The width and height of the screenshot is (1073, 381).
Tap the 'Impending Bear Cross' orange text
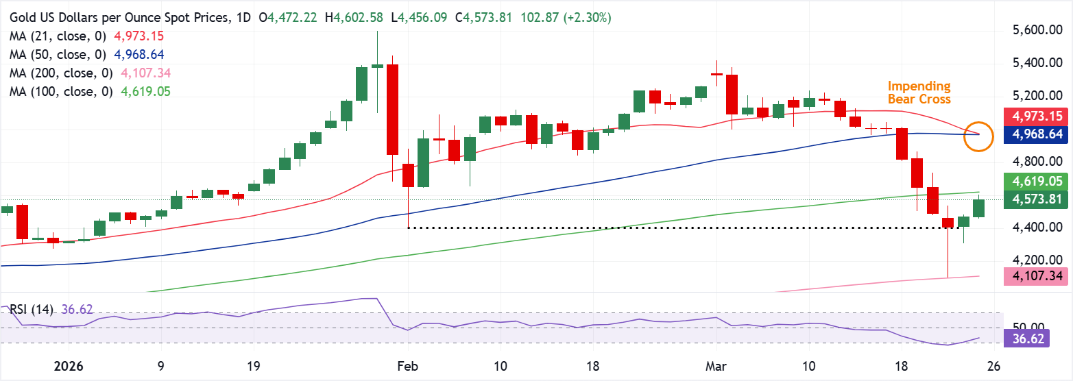point(919,93)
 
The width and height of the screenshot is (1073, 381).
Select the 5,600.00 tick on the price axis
point(1038,30)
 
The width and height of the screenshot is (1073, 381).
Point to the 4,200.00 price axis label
point(1038,260)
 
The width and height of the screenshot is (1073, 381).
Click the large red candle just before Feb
point(393,110)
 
